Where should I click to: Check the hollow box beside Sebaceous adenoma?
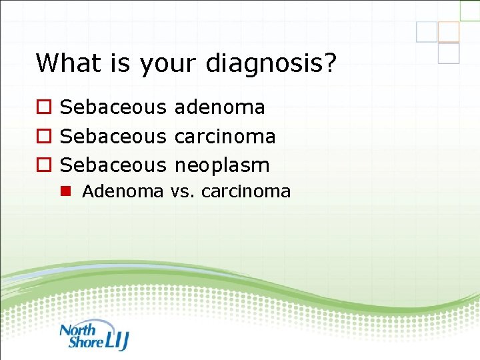[x=43, y=107]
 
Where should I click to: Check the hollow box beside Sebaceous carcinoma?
[x=43, y=137]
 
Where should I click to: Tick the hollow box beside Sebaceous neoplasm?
[x=43, y=165]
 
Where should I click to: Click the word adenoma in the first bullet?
[x=219, y=107]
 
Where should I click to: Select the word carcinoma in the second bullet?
[x=225, y=136]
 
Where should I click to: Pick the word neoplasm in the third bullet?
[x=222, y=165]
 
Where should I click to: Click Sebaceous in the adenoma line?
[x=113, y=107]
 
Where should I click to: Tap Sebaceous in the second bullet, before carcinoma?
[x=113, y=136]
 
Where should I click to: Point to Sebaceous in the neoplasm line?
[x=113, y=165]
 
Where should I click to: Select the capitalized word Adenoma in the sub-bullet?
[x=123, y=192]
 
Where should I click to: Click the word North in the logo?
[x=78, y=329]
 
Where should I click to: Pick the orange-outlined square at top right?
[x=448, y=31]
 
